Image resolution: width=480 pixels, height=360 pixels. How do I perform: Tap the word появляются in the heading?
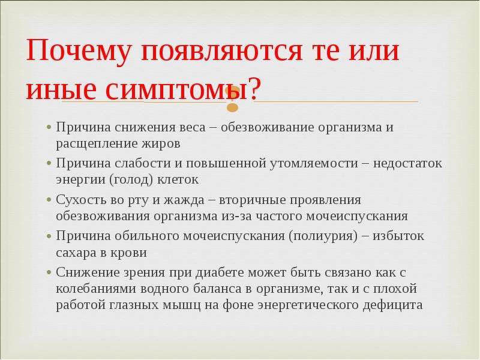click(x=221, y=51)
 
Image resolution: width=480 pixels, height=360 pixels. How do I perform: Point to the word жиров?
click(x=161, y=143)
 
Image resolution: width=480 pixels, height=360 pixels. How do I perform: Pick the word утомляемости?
click(x=314, y=163)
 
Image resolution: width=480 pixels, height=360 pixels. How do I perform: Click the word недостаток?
click(x=407, y=163)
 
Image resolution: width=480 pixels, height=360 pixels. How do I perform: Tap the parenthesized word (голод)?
click(x=131, y=180)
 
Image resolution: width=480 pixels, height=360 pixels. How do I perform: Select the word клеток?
click(x=178, y=179)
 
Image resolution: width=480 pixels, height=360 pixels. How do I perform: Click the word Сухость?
click(x=78, y=200)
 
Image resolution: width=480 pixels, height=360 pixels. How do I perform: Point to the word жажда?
click(x=184, y=200)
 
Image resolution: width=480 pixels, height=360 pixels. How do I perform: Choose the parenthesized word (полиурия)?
click(x=323, y=236)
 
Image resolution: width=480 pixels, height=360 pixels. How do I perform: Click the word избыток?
click(x=398, y=236)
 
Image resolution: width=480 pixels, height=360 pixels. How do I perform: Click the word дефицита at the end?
click(x=393, y=305)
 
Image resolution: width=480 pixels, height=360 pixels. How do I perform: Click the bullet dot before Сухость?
click(x=49, y=200)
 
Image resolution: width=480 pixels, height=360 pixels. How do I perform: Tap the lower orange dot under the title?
click(x=233, y=108)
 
